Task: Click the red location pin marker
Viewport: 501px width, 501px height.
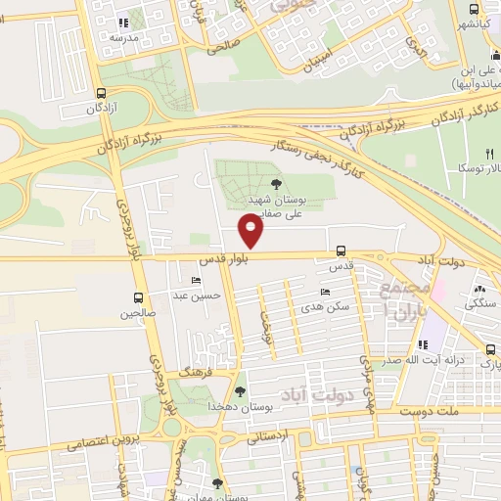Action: click(x=252, y=232)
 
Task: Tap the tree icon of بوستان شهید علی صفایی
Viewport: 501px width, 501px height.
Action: click(x=275, y=183)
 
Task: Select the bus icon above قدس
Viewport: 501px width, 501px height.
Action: click(x=341, y=250)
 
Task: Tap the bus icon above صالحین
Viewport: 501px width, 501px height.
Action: click(x=138, y=298)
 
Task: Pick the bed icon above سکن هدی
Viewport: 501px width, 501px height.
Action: click(x=325, y=292)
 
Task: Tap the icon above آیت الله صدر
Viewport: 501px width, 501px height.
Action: click(x=423, y=344)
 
